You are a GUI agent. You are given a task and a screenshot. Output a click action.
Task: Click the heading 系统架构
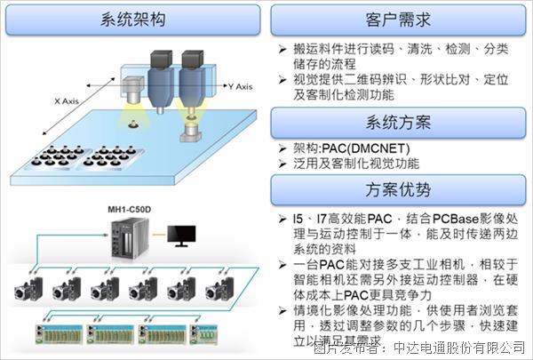(133, 18)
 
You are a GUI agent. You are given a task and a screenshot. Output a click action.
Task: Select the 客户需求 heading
(399, 18)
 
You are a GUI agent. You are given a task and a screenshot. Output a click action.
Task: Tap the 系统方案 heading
(399, 121)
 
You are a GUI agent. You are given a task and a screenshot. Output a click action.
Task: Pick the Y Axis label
(237, 86)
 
